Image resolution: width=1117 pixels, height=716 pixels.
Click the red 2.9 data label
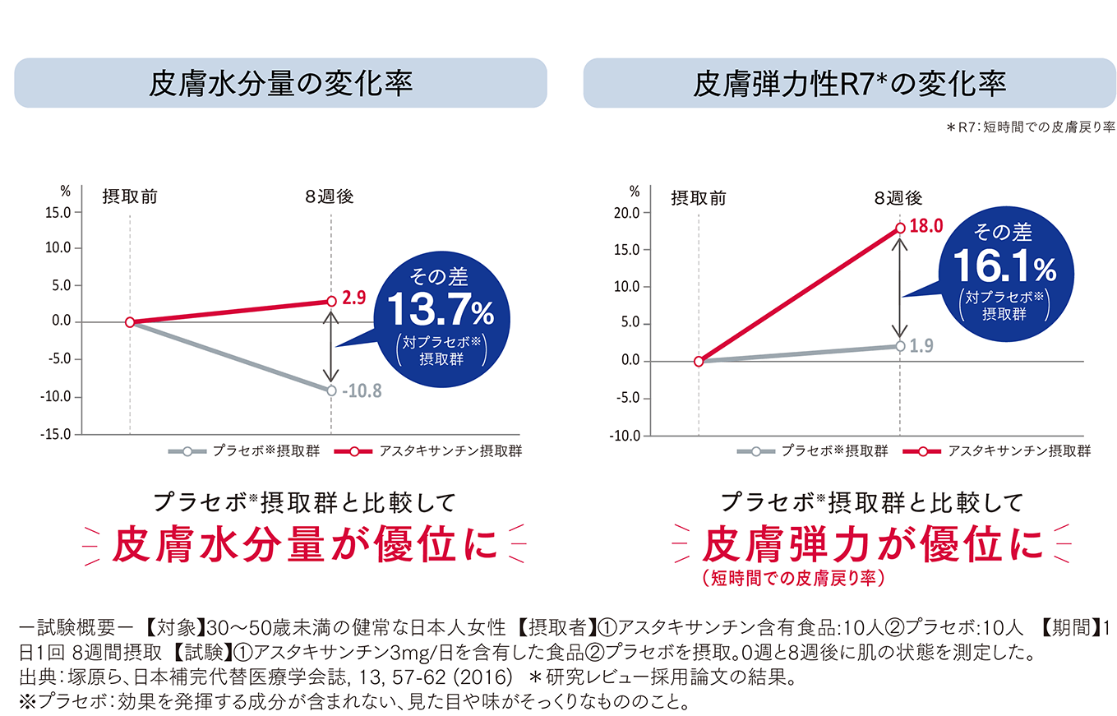click(354, 299)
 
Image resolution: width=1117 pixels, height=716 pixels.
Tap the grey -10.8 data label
click(362, 391)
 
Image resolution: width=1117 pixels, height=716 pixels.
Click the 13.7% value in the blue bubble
click(441, 313)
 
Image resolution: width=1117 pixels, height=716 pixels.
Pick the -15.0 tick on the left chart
click(58, 434)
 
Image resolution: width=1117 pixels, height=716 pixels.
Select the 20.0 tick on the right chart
click(628, 213)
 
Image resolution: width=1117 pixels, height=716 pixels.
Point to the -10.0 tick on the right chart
click(626, 436)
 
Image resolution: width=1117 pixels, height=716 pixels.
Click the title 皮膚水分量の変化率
click(280, 83)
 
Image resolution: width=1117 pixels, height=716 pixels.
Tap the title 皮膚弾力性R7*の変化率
click(849, 83)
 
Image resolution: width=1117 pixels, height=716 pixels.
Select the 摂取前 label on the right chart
click(698, 198)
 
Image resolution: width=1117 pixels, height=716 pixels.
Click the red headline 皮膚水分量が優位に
click(305, 543)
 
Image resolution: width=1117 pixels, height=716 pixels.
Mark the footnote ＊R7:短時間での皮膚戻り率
click(1030, 127)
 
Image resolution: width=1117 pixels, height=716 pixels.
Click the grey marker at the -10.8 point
click(331, 390)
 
